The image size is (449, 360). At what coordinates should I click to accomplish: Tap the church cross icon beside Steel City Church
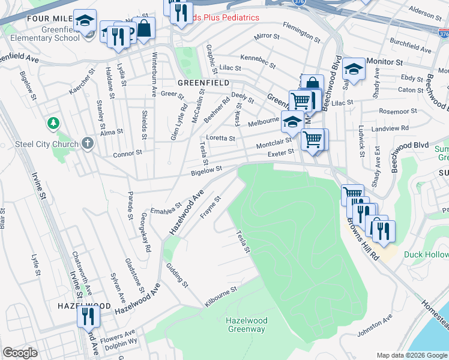tap(88, 143)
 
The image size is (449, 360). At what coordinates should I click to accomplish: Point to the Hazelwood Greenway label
tap(246, 325)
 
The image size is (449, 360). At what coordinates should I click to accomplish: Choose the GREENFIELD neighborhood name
tap(203, 82)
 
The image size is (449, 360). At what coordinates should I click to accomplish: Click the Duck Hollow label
tap(426, 255)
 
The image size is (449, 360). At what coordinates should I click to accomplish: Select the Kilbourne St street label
tap(220, 296)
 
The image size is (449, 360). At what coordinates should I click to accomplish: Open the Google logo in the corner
tap(20, 353)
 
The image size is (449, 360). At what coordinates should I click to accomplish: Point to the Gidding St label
tap(177, 274)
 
